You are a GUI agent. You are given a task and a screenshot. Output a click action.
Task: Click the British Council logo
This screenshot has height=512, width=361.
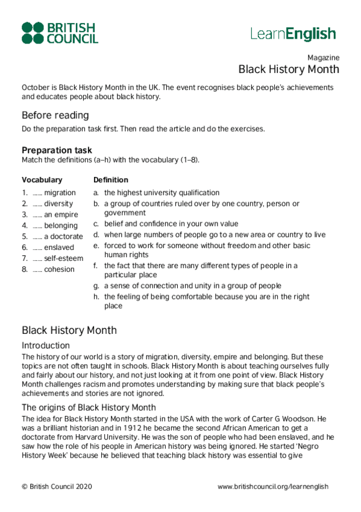click(60, 33)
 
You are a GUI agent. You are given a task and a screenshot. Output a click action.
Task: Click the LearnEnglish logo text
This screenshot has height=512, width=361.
click(293, 34)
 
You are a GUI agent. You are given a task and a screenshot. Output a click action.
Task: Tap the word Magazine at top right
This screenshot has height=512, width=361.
click(323, 58)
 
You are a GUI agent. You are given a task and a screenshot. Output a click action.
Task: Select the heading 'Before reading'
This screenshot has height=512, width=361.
click(55, 115)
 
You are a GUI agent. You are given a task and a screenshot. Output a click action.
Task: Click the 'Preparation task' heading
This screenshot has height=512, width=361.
click(57, 150)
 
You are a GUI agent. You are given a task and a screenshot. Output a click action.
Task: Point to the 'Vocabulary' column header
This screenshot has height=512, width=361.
click(42, 180)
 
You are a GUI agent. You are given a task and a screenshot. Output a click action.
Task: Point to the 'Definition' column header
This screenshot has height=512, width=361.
click(111, 180)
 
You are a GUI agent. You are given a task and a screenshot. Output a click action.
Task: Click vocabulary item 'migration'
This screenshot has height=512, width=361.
click(60, 193)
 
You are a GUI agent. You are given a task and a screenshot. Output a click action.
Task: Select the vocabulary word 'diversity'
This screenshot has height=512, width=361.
click(58, 203)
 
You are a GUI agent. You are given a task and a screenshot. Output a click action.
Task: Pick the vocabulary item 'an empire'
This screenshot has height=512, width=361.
click(61, 214)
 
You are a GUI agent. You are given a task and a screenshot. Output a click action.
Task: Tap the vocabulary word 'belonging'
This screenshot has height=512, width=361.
click(61, 226)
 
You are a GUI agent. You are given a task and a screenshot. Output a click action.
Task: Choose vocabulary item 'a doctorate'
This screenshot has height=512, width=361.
click(63, 237)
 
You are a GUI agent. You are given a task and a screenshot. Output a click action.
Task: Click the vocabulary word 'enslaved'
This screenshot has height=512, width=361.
click(59, 248)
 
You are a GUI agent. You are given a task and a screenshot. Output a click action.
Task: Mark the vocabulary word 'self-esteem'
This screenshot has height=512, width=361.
click(63, 258)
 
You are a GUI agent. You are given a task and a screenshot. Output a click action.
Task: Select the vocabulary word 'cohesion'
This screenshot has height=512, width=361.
click(59, 269)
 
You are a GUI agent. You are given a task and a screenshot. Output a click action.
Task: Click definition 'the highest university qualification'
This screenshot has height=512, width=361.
click(162, 193)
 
